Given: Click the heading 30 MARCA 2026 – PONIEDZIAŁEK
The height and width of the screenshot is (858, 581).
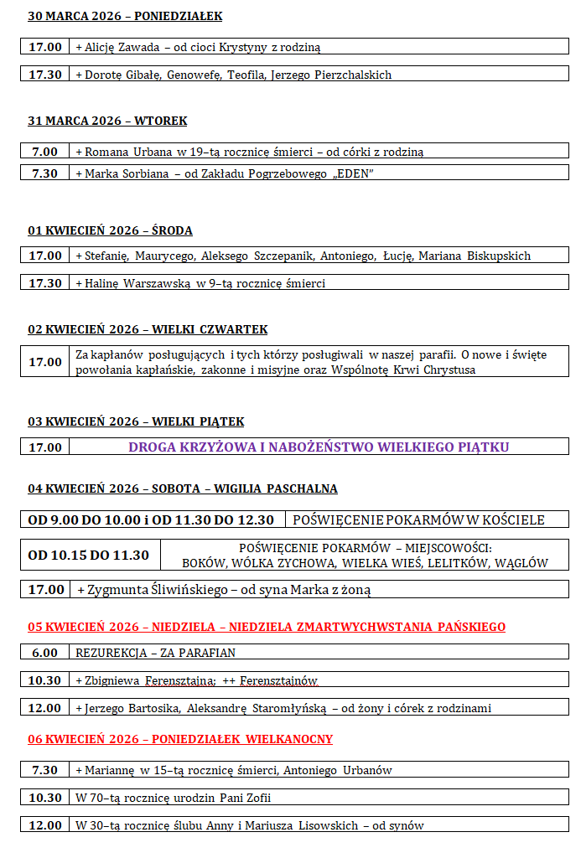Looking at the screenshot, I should click(125, 17).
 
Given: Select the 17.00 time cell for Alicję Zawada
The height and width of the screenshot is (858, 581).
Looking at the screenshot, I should click(45, 47).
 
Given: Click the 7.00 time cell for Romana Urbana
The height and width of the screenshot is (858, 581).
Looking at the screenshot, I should click(45, 152).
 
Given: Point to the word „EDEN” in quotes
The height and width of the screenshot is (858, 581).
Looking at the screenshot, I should click(352, 173).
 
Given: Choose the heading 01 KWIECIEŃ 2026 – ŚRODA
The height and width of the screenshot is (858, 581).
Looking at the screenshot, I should click(111, 230).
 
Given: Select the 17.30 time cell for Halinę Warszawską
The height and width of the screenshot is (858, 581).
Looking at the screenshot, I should click(45, 283).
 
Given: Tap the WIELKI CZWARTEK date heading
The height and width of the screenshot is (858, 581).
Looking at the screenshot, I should click(148, 329).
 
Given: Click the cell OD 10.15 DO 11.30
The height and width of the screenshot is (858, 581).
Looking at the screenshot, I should click(89, 555).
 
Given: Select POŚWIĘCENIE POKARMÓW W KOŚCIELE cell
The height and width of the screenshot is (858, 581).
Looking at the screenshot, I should click(418, 519).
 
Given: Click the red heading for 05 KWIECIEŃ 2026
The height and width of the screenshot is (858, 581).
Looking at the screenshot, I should click(267, 627).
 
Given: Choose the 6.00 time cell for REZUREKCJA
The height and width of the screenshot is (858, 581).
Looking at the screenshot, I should click(45, 652).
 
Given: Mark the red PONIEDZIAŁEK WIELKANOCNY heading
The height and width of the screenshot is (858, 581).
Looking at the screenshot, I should click(180, 739).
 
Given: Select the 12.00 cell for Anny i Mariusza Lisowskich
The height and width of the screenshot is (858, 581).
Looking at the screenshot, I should click(45, 825).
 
